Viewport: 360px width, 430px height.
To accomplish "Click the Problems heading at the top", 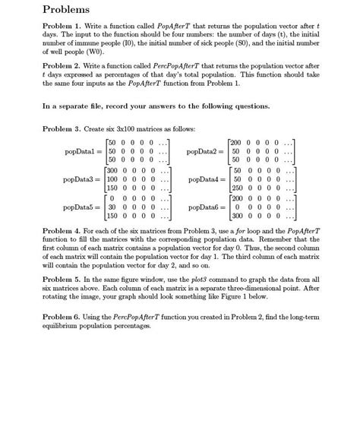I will point(68,11).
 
